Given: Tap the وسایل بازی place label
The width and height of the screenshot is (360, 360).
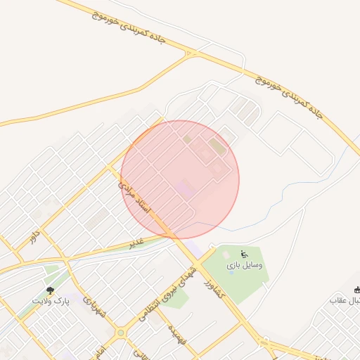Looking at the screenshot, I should (x=245, y=266).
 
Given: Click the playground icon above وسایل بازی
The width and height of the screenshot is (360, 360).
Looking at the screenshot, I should (x=244, y=254).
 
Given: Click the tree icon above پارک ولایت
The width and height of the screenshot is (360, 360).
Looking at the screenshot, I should (x=50, y=290).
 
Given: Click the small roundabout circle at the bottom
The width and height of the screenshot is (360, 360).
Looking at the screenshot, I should (x=121, y=333).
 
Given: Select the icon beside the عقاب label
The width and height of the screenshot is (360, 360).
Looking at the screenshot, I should (x=356, y=290).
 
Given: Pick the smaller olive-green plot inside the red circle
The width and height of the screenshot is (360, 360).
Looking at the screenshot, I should (x=187, y=139).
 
